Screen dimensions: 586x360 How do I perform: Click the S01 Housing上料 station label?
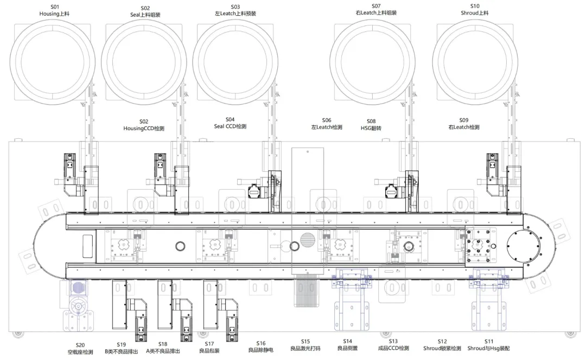pos(55,10)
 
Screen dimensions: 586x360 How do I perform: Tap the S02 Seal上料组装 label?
pos(145,11)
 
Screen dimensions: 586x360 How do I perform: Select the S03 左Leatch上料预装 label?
pos(235,10)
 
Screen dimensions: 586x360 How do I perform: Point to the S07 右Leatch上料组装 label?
pos(376,9)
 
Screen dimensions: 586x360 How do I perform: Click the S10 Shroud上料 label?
pos(475,9)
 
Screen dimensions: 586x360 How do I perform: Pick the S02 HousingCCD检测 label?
pos(144,125)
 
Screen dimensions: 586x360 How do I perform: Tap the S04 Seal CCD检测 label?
pos(230,123)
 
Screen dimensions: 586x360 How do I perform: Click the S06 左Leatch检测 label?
pos(327,124)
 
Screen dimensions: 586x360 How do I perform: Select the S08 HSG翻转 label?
pos(371,125)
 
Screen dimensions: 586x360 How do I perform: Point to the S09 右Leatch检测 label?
pos(464,124)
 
